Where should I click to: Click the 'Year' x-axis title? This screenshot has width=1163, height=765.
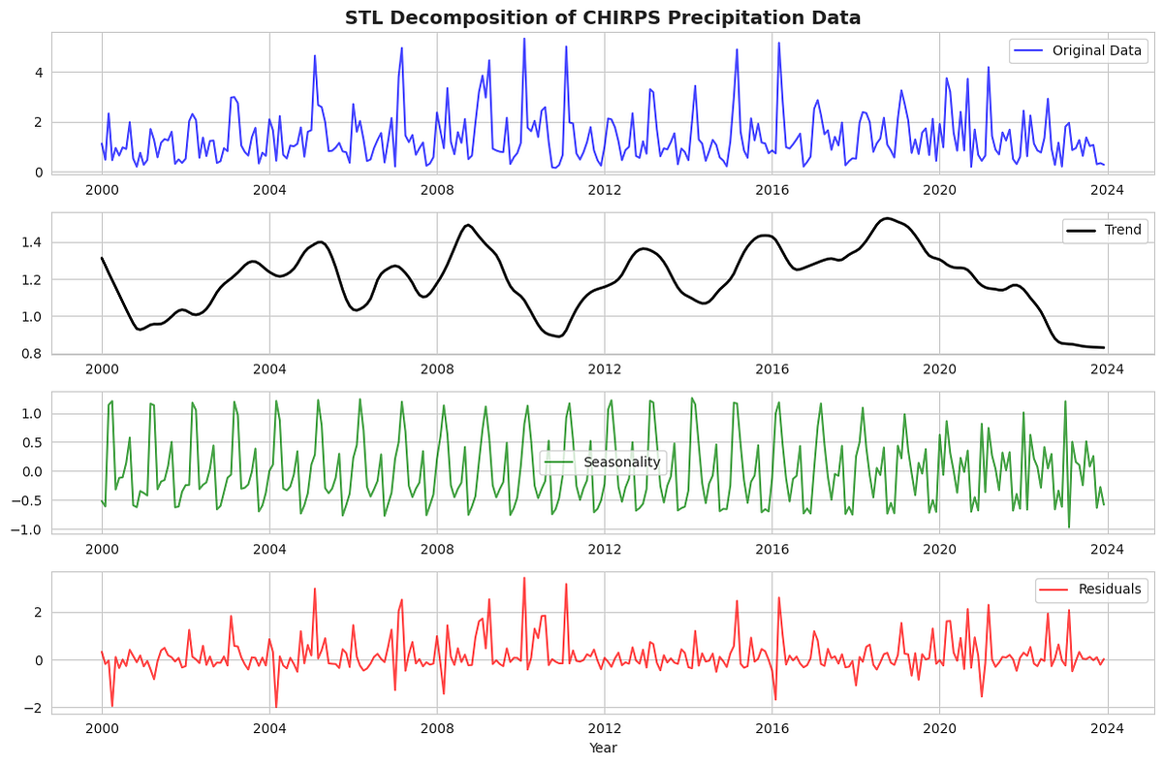[x=603, y=748]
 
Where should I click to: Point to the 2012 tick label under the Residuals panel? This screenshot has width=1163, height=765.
[x=604, y=726]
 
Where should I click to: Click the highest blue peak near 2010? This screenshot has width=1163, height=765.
[x=524, y=39]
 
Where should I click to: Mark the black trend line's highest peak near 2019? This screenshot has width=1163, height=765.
[x=886, y=218]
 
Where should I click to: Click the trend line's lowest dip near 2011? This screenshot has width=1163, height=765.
[x=557, y=336]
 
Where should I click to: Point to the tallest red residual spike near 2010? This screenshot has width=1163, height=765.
[x=524, y=578]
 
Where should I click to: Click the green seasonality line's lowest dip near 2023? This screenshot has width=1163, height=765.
[x=1069, y=527]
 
